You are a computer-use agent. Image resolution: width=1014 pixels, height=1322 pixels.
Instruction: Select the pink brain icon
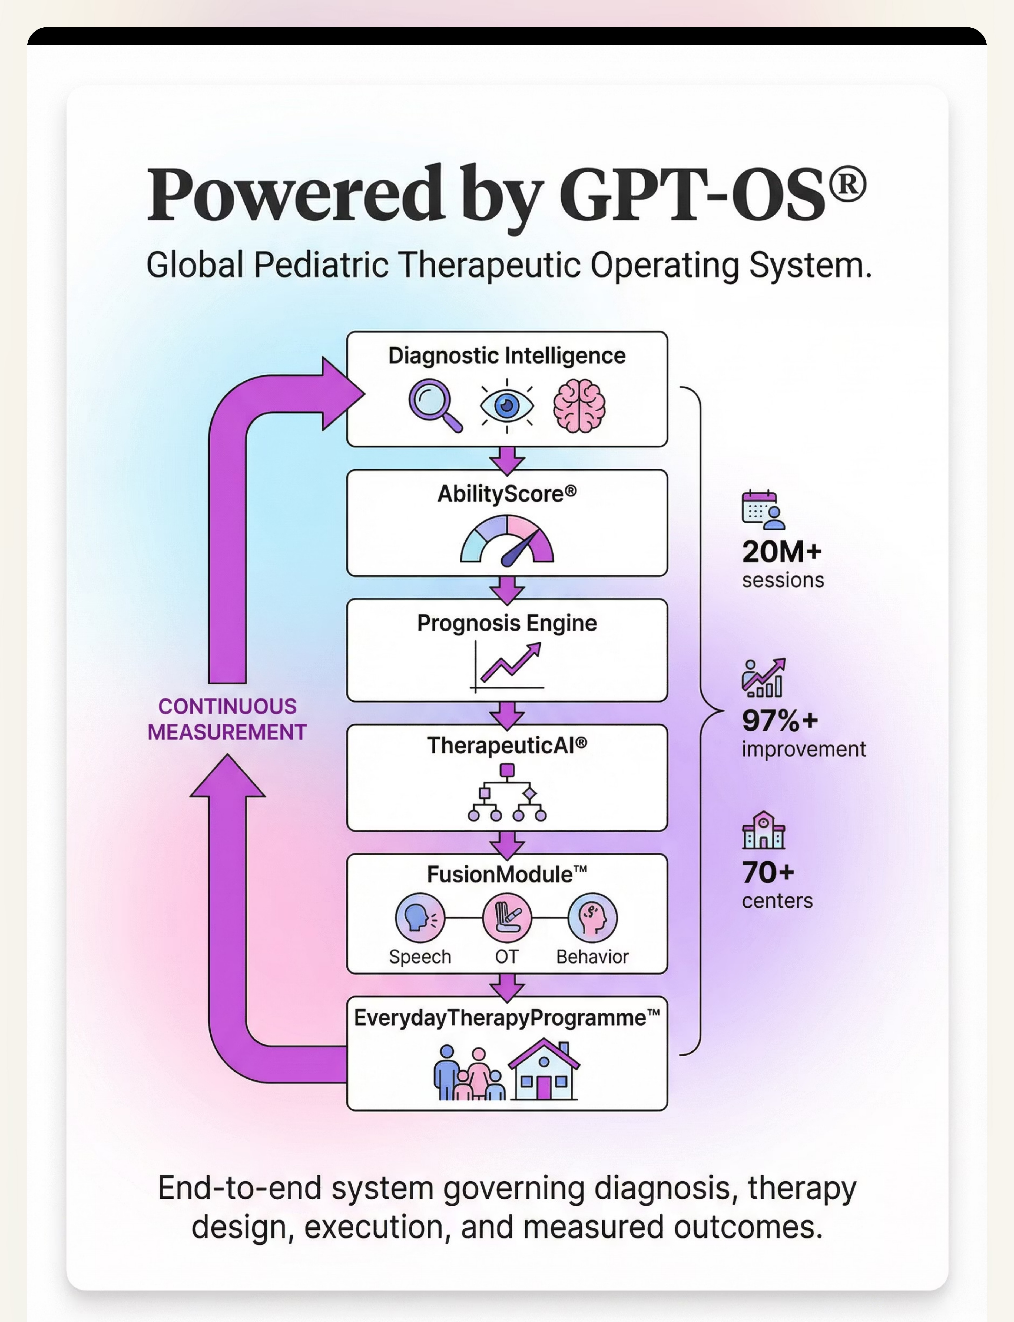[x=579, y=406]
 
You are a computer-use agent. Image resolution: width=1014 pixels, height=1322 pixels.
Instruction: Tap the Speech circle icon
[x=419, y=918]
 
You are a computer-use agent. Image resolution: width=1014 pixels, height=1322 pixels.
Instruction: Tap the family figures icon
[x=469, y=1073]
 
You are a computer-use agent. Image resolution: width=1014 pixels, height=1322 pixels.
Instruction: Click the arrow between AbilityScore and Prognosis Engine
[x=507, y=589]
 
